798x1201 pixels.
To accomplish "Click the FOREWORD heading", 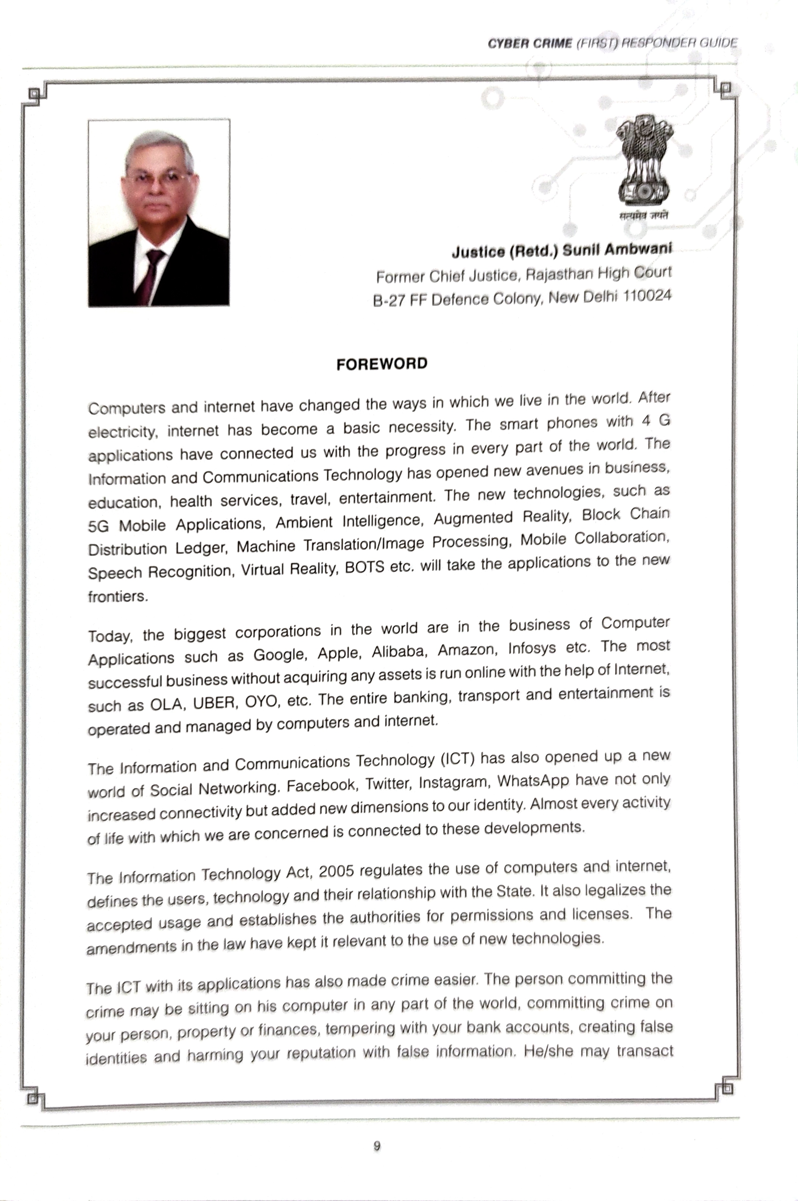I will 382,364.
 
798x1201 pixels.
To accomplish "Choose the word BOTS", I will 365,568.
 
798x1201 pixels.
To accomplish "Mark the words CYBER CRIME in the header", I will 529,44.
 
